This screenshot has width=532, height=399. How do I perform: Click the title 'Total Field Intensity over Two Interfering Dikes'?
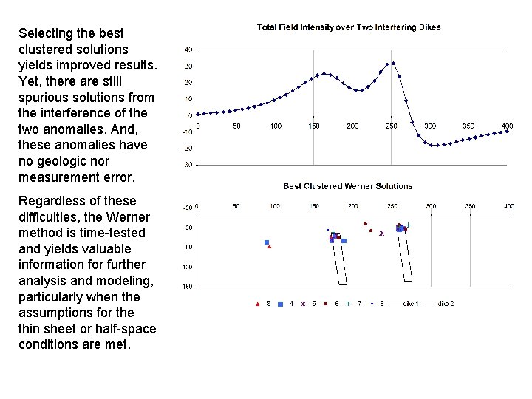pos(348,27)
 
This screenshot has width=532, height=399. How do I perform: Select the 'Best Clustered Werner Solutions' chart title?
pos(347,186)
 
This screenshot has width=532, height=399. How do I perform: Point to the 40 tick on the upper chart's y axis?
pos(188,50)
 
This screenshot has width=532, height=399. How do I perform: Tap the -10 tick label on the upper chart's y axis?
pos(187,132)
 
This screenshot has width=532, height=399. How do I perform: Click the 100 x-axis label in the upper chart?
pos(276,126)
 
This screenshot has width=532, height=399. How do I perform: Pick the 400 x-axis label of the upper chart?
pos(507,126)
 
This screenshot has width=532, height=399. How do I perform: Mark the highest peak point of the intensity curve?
pos(394,64)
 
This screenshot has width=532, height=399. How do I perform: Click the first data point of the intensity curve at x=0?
pos(198,114)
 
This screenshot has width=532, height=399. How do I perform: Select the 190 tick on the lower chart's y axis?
pos(188,286)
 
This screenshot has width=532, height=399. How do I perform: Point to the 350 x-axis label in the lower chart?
pos(469,206)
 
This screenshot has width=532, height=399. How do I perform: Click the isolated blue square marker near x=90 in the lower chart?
pos(267,242)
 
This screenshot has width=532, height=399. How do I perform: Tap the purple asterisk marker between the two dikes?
pos(381,233)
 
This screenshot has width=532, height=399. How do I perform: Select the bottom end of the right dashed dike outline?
pos(407,280)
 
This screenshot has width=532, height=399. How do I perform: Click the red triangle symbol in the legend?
pos(257,303)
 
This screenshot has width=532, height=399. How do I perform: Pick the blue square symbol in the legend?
pos(280,303)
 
